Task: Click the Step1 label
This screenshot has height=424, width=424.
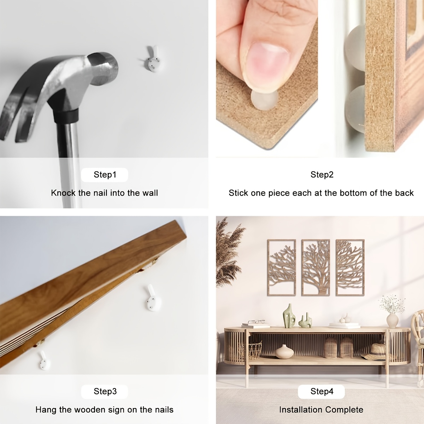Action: (105, 175)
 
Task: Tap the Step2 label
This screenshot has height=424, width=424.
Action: (322, 175)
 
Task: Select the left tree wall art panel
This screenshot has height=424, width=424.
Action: (282, 267)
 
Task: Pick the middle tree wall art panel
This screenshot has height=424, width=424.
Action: (316, 267)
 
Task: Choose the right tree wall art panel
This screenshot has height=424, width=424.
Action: (350, 267)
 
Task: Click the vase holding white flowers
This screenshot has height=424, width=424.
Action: (392, 320)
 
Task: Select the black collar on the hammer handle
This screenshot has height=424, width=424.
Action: (66, 116)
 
